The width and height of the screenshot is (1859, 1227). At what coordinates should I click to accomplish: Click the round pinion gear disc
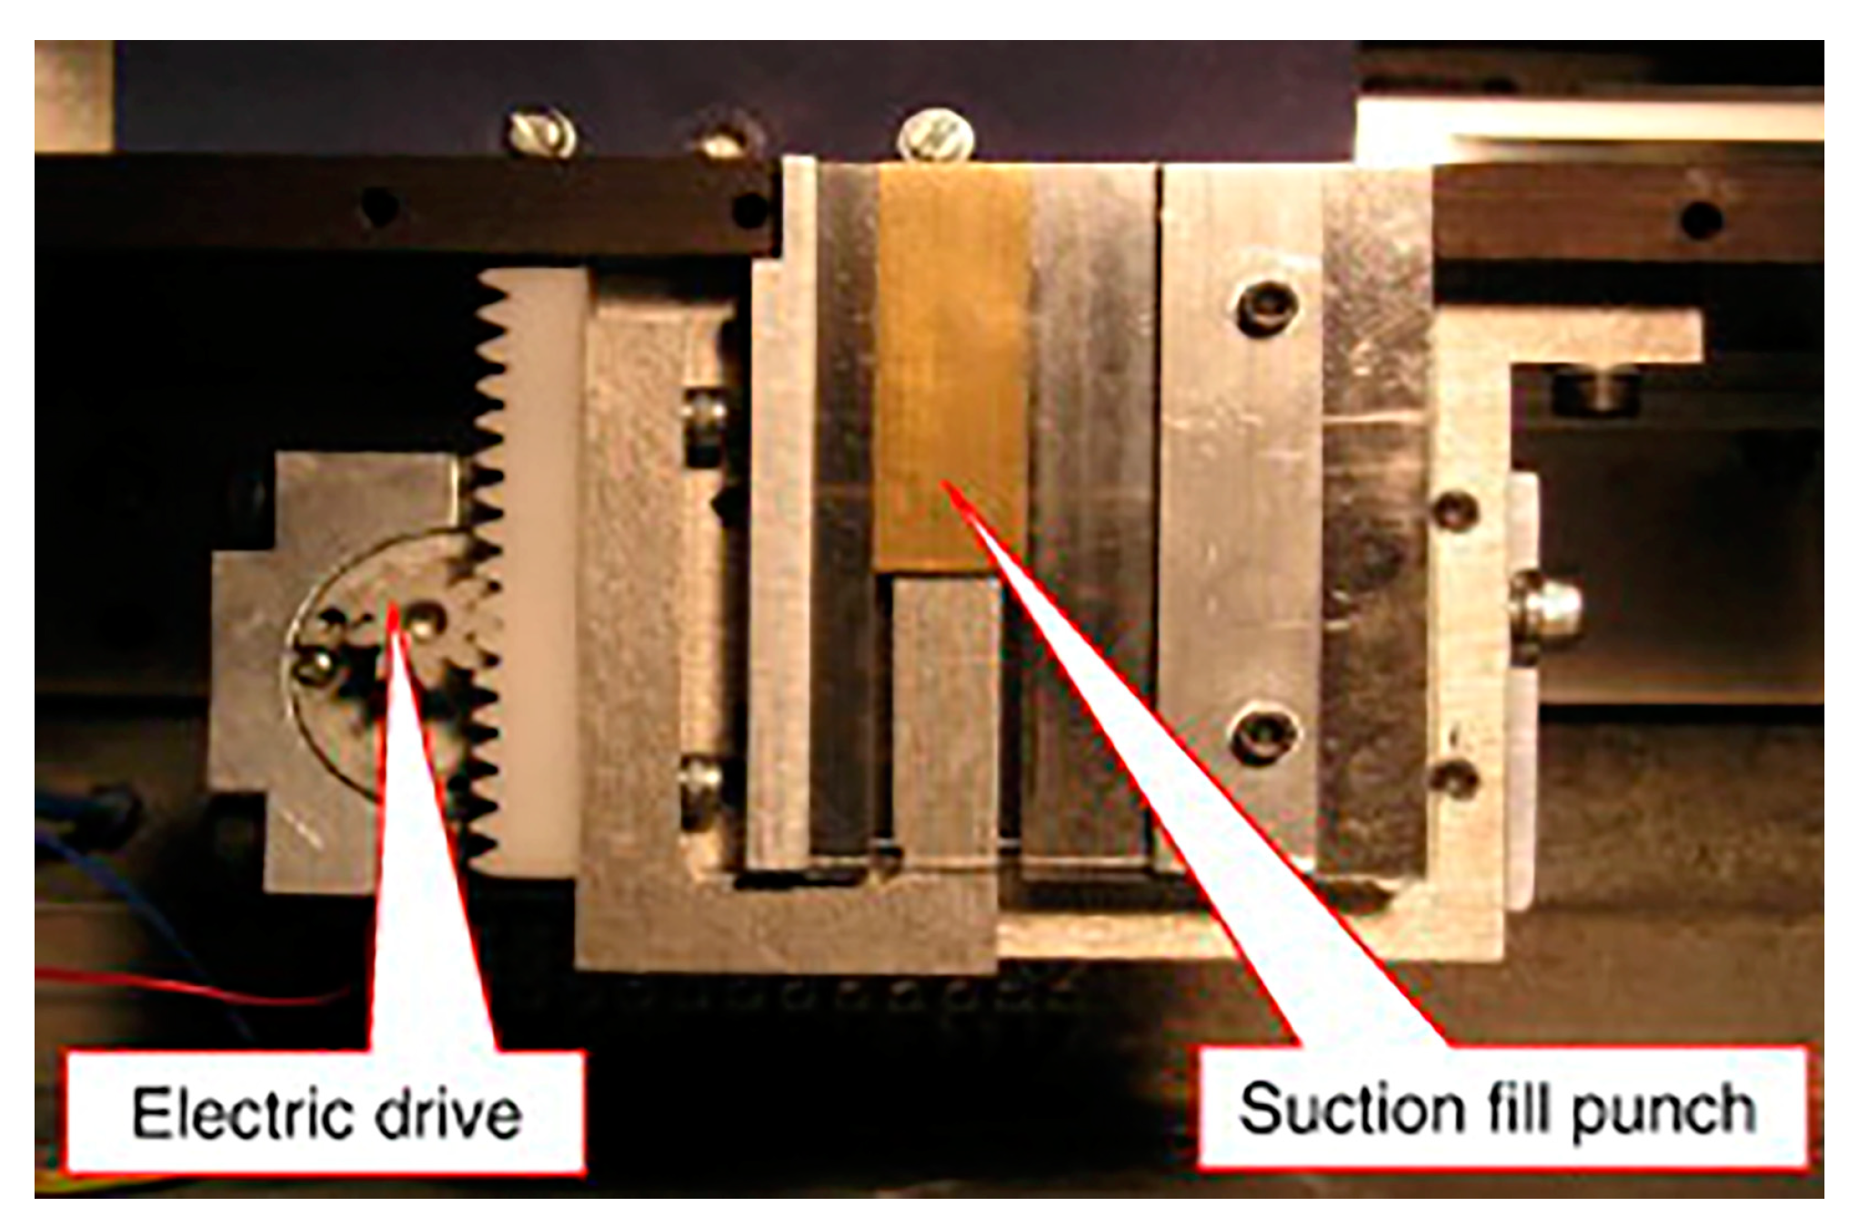point(382,655)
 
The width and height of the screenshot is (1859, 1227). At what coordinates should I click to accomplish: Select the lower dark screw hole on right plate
point(1264,735)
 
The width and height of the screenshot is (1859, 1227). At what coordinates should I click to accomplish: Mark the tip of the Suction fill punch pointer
point(946,482)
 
